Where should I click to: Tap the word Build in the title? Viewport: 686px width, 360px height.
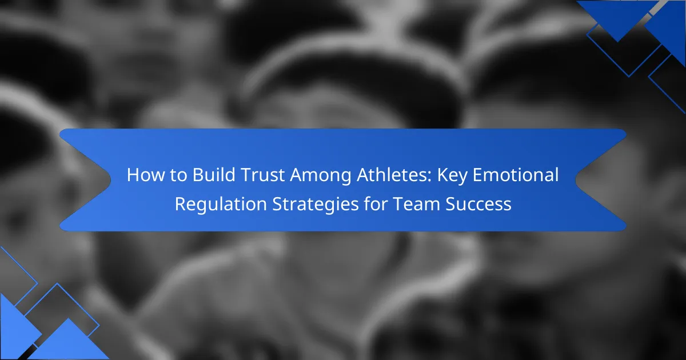pos(214,175)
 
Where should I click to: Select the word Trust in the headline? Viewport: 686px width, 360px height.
pos(263,175)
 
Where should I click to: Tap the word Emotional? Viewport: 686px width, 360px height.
pos(516,175)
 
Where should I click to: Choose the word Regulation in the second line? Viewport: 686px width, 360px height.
pos(221,205)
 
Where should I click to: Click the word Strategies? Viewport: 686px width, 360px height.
pos(316,205)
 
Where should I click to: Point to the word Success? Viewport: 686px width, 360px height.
pos(478,204)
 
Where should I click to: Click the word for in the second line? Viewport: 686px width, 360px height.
pos(376,203)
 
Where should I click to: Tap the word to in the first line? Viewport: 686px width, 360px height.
pos(178,175)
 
